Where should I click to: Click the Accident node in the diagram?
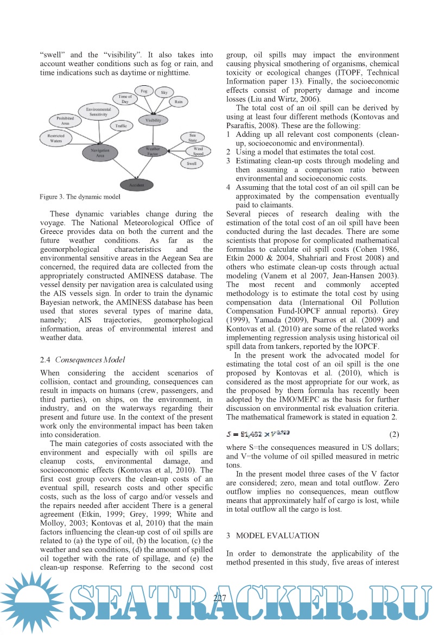pyautogui.click(x=136, y=185)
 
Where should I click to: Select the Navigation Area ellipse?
pyautogui.click(x=100, y=153)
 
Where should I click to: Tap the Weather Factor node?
pyautogui.click(x=153, y=150)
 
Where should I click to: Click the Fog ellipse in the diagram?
pyautogui.click(x=144, y=91)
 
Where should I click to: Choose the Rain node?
pyautogui.click(x=178, y=101)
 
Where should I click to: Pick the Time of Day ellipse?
pyautogui.click(x=125, y=99)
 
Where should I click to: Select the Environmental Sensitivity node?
pyautogui.click(x=98, y=112)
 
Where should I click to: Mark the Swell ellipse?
pyautogui.click(x=191, y=163)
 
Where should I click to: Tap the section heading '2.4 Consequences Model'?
pyautogui.click(x=82, y=359)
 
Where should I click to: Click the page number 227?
pyautogui.click(x=220, y=599)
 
